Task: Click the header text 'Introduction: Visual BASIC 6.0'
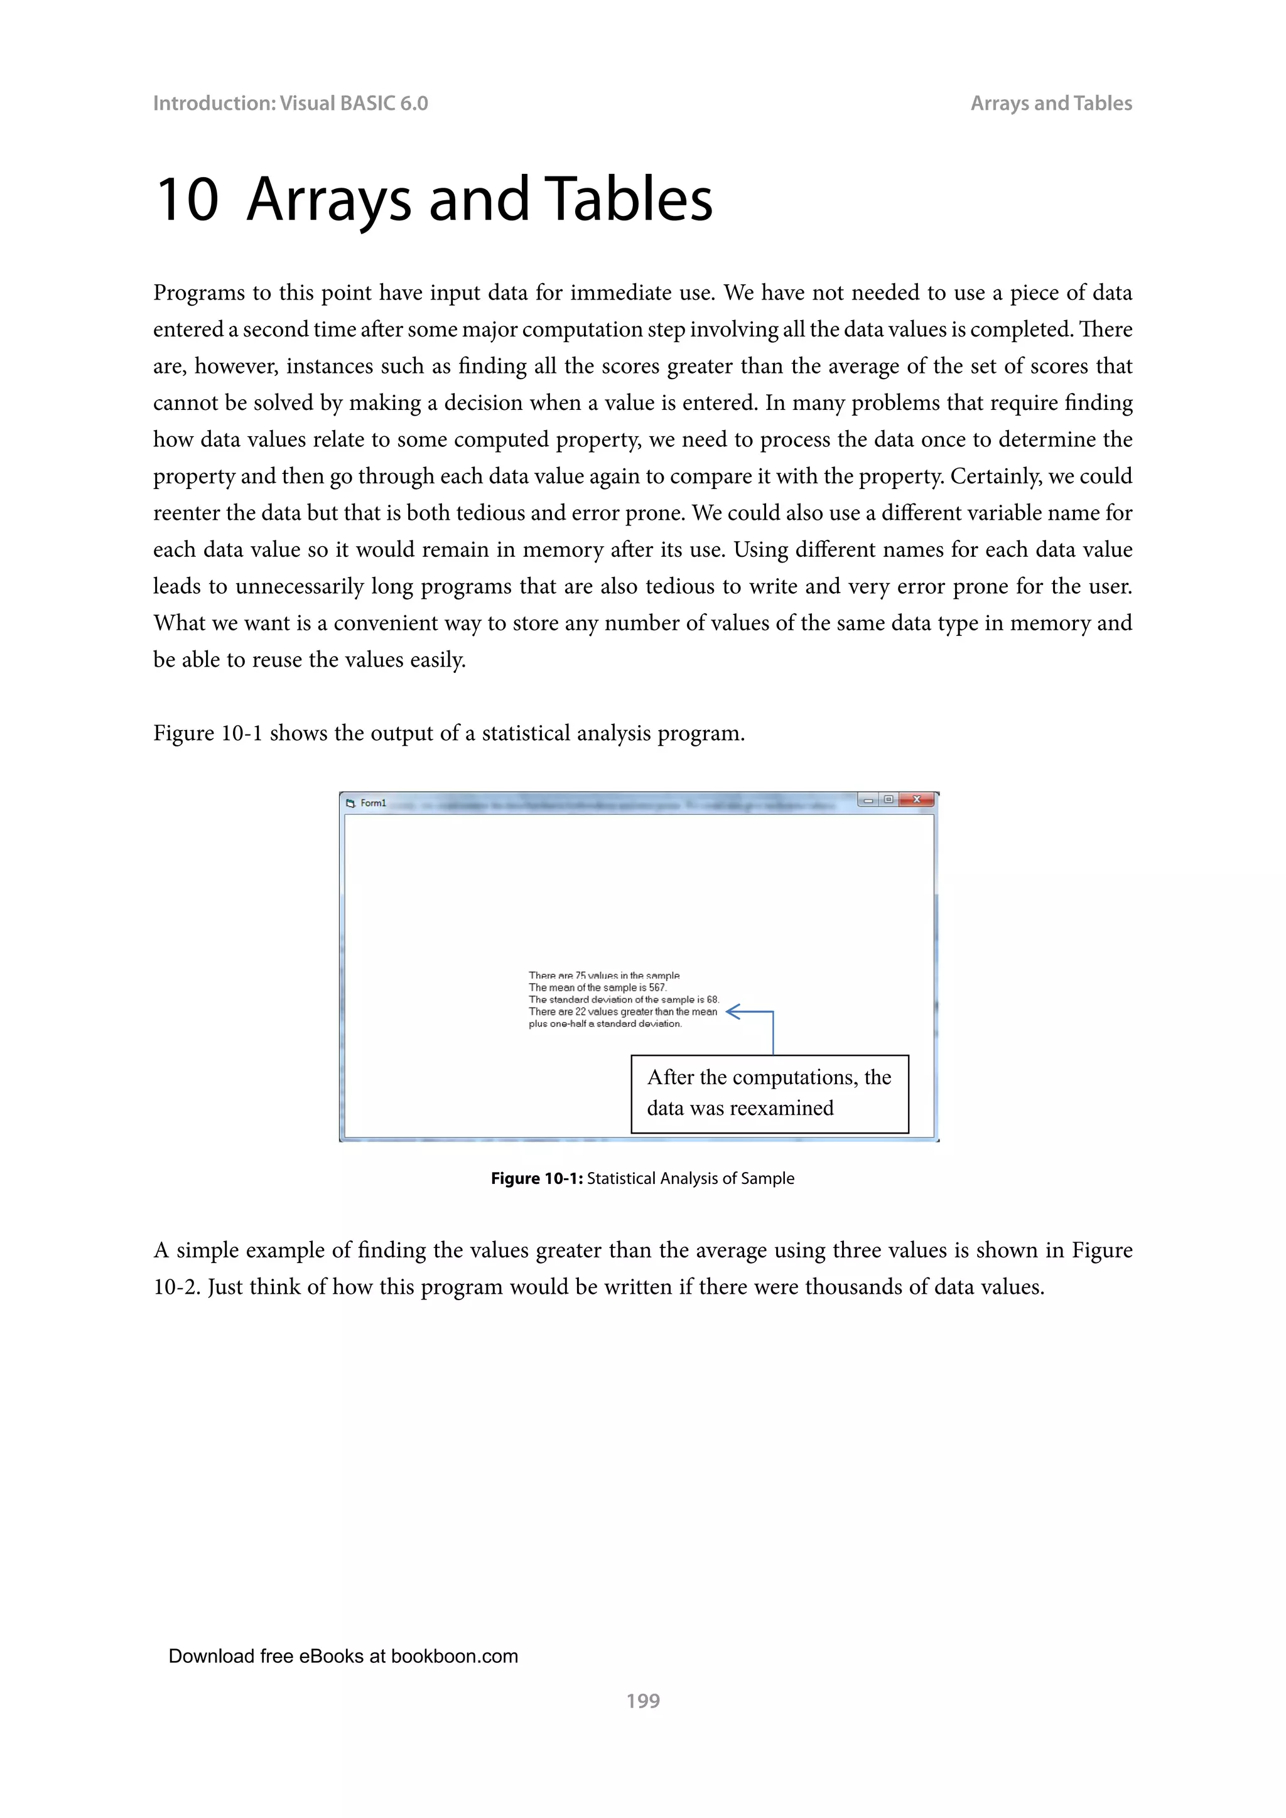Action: click(290, 104)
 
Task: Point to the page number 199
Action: click(642, 1700)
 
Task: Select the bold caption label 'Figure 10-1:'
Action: click(536, 1178)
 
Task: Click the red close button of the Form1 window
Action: click(916, 800)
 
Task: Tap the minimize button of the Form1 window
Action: click(868, 800)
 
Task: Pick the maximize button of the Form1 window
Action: click(889, 800)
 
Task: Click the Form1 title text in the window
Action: click(373, 803)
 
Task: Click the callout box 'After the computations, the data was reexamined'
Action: click(769, 1094)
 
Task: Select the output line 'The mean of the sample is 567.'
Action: click(597, 987)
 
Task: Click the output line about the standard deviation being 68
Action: click(623, 999)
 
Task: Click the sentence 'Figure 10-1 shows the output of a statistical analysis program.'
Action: click(448, 733)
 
